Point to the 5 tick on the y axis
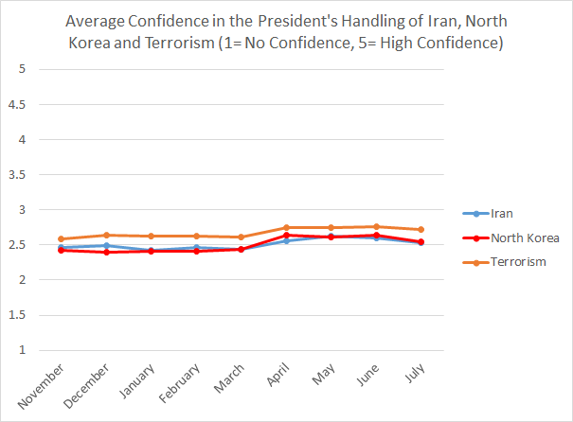(x=22, y=70)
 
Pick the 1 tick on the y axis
(x=22, y=350)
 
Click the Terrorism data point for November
(x=62, y=239)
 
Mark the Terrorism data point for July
(x=421, y=229)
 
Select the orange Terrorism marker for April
(x=286, y=227)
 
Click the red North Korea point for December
(x=107, y=253)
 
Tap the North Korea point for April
(x=286, y=236)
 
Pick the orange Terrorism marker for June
(x=376, y=226)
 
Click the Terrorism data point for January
(x=152, y=236)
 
